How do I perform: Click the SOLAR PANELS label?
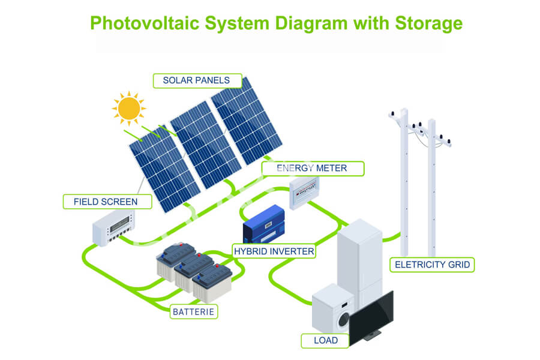[x=197, y=80]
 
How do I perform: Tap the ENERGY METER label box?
[x=313, y=169]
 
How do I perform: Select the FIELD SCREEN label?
[x=107, y=202]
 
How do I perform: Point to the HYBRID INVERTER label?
[x=274, y=251]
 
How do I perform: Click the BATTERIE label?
[x=194, y=312]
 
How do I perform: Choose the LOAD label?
[x=325, y=340]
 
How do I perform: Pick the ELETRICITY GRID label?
[x=432, y=265]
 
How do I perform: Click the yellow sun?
[x=129, y=108]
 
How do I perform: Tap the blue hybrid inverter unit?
[x=264, y=224]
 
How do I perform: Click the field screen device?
[x=113, y=227]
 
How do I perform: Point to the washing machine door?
[x=343, y=320]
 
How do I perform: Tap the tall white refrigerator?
[x=360, y=262]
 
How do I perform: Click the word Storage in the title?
[x=428, y=23]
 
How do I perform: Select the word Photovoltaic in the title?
[x=145, y=23]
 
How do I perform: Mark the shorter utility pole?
[x=432, y=188]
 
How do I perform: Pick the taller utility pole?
[x=404, y=182]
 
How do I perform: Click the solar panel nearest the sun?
[x=164, y=169]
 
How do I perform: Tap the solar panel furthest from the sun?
[x=247, y=121]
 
